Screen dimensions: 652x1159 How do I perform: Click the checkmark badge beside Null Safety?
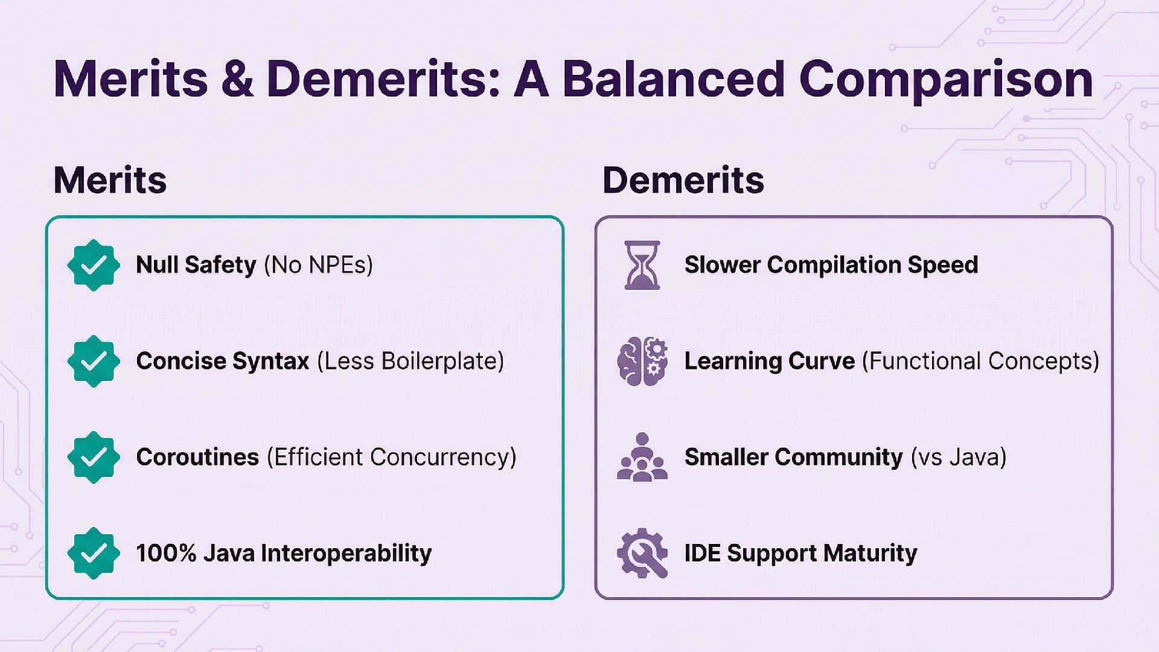[94, 265]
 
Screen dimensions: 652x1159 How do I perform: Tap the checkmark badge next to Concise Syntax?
[94, 361]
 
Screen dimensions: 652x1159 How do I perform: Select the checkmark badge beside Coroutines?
[94, 457]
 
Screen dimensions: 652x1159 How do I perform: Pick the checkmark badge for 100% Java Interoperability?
[94, 553]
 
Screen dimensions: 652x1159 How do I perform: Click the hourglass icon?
[642, 265]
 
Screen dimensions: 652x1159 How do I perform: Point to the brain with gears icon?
[642, 361]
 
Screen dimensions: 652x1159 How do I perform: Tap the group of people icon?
[642, 457]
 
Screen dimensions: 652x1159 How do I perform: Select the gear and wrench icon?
[642, 553]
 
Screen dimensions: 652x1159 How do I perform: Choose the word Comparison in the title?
[946, 79]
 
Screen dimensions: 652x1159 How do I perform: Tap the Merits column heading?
[110, 180]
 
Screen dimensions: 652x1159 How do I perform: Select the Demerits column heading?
[683, 180]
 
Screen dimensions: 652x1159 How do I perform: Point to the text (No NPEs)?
[318, 265]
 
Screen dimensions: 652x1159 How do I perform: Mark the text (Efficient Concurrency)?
[392, 457]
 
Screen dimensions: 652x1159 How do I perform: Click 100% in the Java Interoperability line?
[166, 553]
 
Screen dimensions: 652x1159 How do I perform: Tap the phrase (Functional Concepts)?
[980, 361]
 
